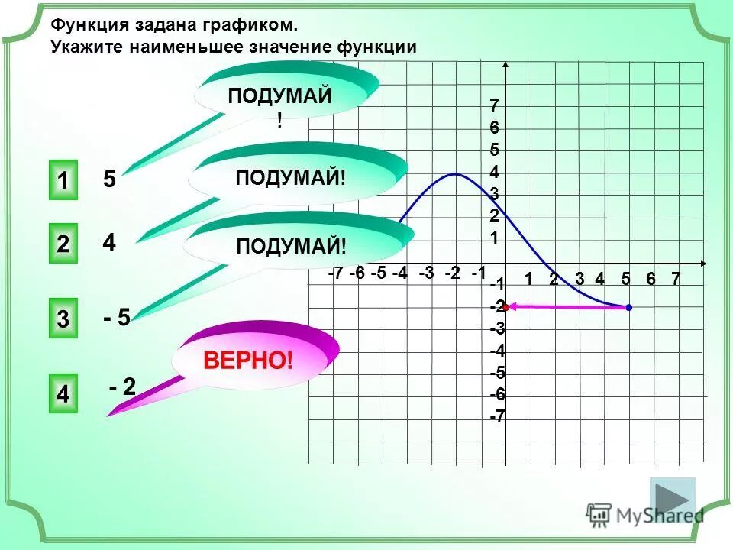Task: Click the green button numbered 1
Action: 63,181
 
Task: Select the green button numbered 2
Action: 63,244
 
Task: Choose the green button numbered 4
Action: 63,394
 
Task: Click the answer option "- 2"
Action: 122,387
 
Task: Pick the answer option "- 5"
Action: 117,318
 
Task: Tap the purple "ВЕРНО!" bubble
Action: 248,360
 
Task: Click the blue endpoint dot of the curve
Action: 628,307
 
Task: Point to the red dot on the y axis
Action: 505,307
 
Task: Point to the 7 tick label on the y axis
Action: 494,105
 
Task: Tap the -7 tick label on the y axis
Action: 497,417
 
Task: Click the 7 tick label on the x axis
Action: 675,280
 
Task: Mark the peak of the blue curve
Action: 455,174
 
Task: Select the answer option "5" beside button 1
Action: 109,180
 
